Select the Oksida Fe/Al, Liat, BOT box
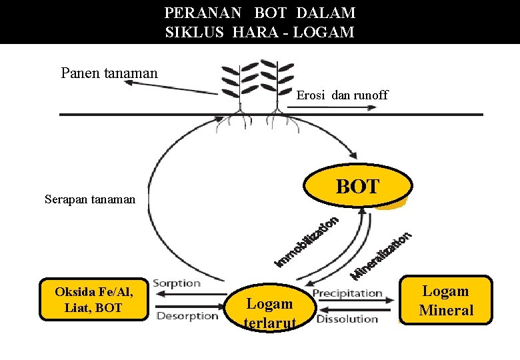coord(93,299)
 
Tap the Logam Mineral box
coord(446,301)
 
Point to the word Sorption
coord(177,283)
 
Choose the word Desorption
coord(187,316)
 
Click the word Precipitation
coord(347,293)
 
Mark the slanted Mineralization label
coord(383,255)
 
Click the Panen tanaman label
coord(109,73)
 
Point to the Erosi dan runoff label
coord(342,95)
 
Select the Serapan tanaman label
coord(90,199)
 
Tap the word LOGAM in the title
coord(328,31)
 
